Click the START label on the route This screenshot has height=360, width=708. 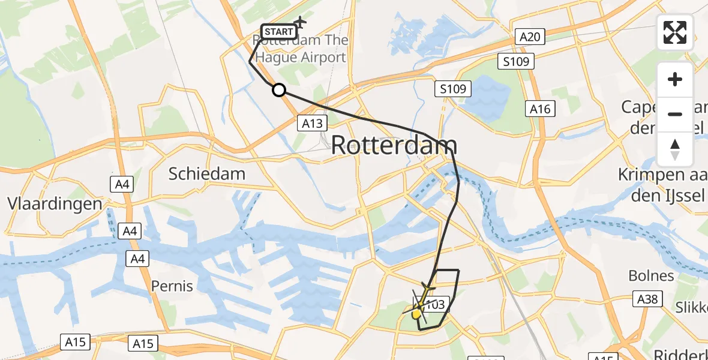tap(278, 31)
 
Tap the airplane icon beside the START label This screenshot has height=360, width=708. tap(299, 23)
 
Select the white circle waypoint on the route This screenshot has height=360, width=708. tap(278, 91)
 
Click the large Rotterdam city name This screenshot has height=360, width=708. tap(394, 145)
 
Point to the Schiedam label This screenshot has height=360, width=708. tap(207, 174)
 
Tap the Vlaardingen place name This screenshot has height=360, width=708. tap(55, 203)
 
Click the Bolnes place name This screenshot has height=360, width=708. tap(651, 275)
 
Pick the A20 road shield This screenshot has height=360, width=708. tap(530, 37)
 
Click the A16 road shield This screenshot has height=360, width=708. tap(540, 109)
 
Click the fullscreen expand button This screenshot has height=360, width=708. tap(675, 32)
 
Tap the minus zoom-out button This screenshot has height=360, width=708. tap(675, 114)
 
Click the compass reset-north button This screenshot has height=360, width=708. tap(675, 149)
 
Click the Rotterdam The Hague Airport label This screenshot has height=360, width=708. tap(302, 49)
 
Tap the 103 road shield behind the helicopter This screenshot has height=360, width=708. tap(434, 305)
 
